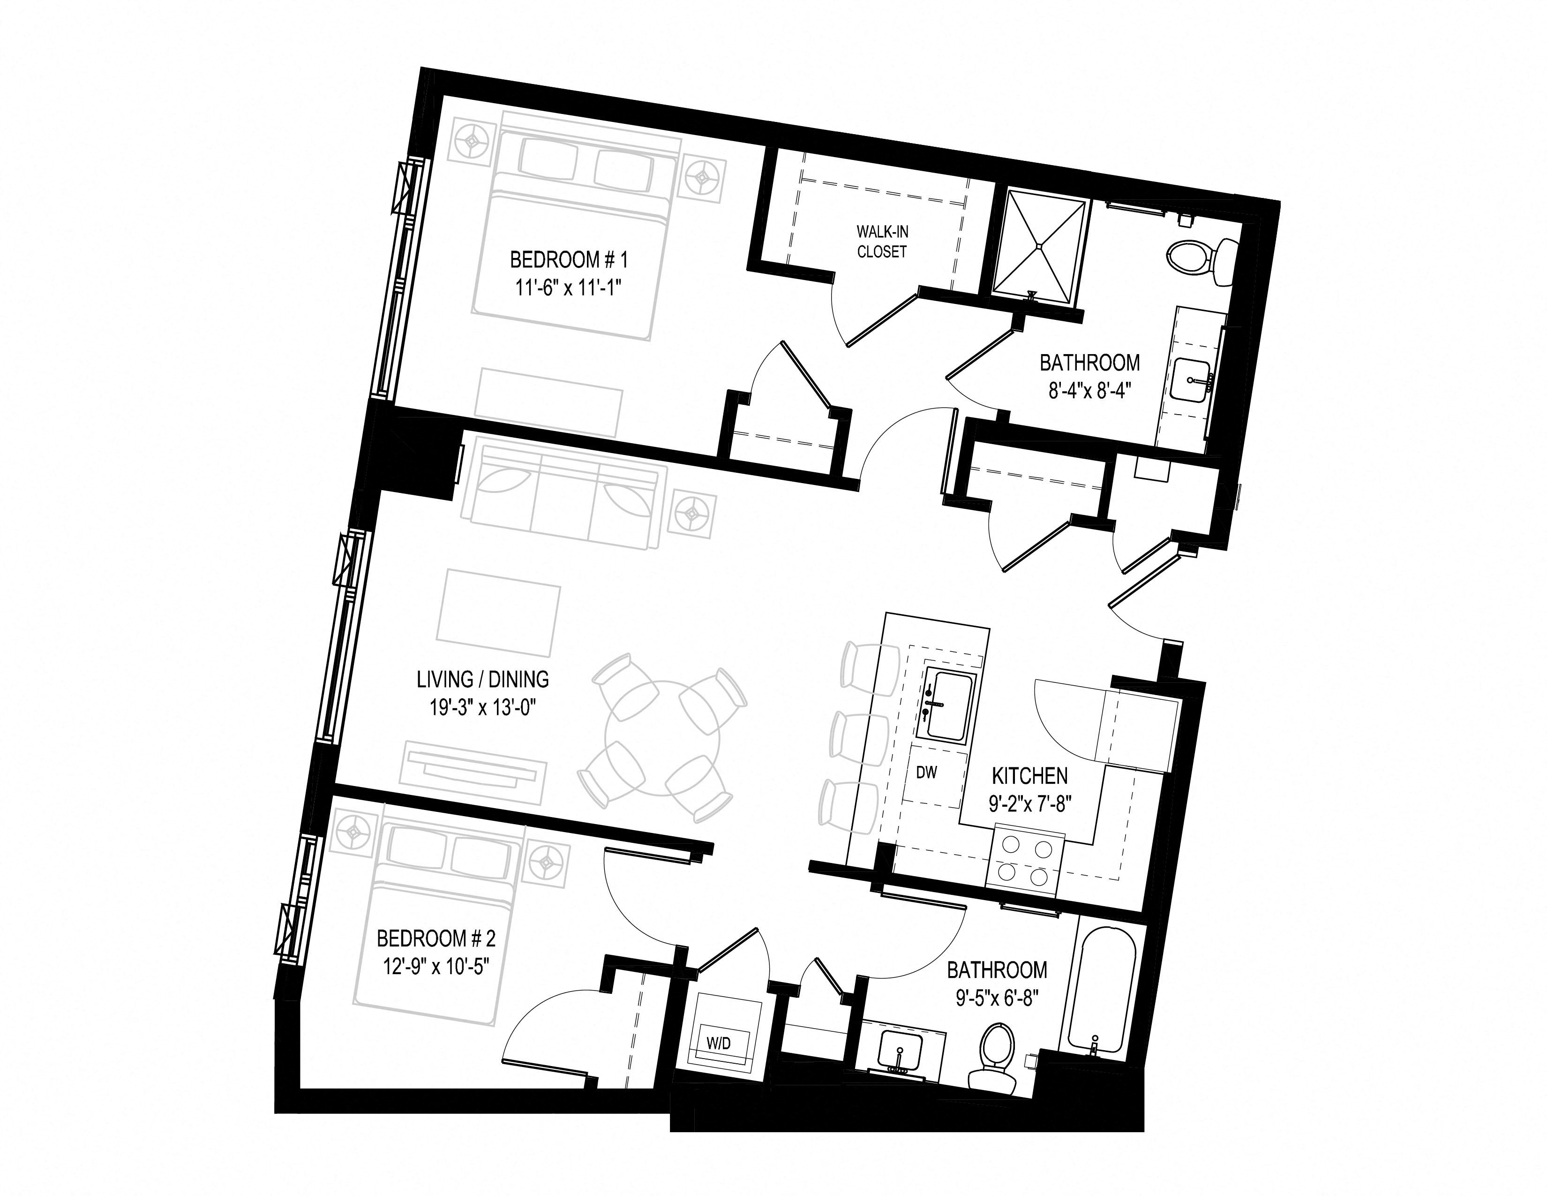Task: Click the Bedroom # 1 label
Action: pyautogui.click(x=569, y=260)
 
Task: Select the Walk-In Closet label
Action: pyautogui.click(x=882, y=241)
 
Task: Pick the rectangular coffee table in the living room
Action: pyautogui.click(x=498, y=613)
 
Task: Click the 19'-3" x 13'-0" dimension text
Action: pyautogui.click(x=483, y=709)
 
